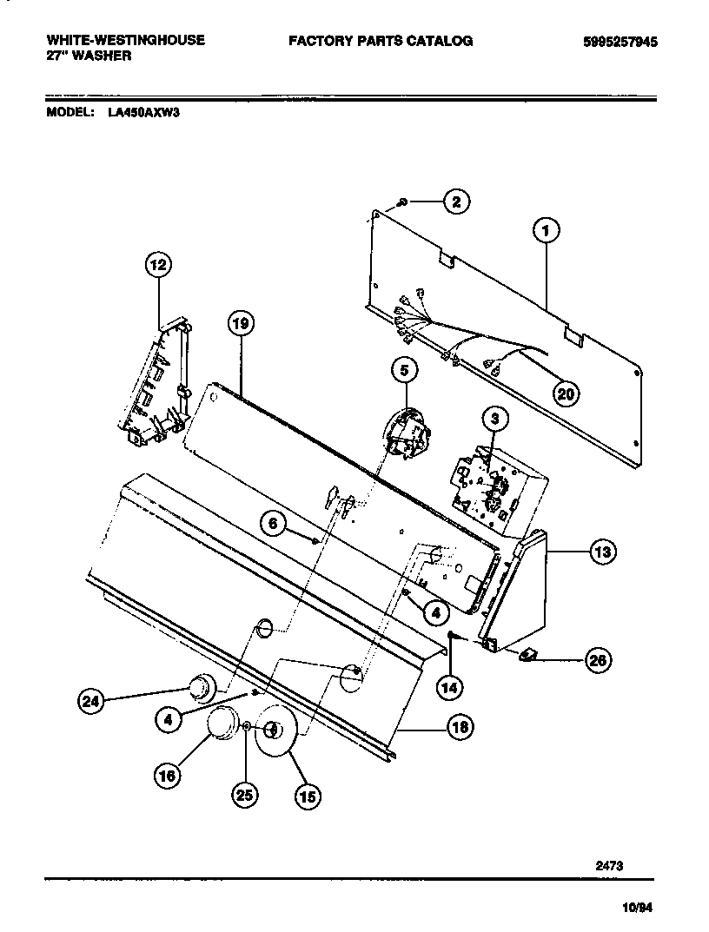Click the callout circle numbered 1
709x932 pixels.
(x=546, y=231)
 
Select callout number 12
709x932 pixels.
(x=158, y=266)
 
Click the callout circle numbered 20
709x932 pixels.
(x=566, y=393)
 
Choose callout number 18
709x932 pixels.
(x=460, y=728)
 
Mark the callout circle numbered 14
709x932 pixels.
(x=447, y=687)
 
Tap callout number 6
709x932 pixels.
(x=273, y=524)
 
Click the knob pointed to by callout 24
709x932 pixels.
(x=201, y=686)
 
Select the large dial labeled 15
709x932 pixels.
(x=276, y=735)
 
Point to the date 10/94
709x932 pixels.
(x=638, y=908)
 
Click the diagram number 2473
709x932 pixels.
(x=609, y=865)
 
